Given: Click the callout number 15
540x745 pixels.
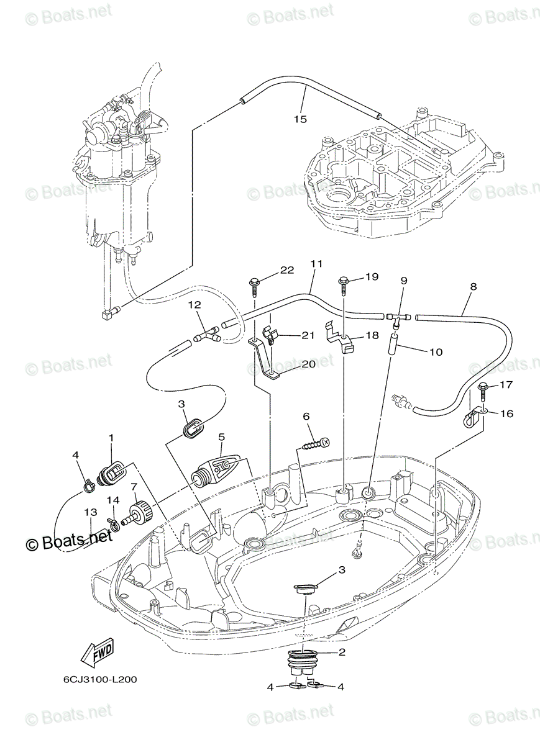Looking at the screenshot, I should (300, 119).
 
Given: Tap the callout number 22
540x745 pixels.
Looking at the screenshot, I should (286, 269).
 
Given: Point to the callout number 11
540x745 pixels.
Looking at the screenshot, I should (316, 264).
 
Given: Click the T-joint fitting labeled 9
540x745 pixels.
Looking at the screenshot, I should (396, 318).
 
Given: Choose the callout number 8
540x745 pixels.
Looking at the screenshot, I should (474, 287).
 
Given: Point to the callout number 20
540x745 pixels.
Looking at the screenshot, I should (309, 364).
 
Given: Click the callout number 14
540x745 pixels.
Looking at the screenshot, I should (112, 500).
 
